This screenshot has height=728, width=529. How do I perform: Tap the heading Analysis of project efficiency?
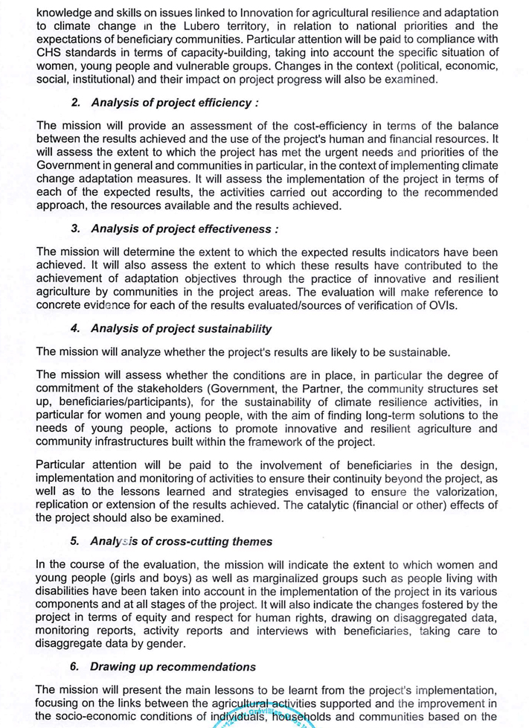174,102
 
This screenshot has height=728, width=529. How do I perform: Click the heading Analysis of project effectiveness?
185,229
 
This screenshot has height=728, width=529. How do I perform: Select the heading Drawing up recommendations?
173,666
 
